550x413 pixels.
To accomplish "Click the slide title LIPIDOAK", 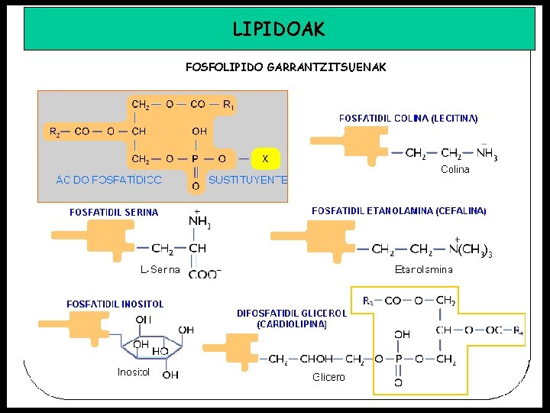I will (279, 29).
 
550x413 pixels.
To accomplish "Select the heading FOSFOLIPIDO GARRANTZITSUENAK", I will (285, 67).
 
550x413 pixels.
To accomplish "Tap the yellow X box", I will (265, 158).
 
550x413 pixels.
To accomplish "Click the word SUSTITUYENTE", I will (247, 180).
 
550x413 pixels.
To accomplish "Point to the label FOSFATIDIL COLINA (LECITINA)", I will (409, 119).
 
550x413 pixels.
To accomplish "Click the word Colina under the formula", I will (455, 170).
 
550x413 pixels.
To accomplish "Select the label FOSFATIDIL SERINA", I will (114, 212).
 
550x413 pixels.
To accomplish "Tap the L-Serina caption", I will (160, 269).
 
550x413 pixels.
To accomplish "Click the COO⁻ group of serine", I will (204, 273).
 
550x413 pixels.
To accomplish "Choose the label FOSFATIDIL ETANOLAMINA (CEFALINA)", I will (399, 210).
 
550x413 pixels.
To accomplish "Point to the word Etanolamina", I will (424, 269).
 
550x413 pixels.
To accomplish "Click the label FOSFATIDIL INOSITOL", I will (115, 304).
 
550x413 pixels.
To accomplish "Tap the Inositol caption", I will (134, 372).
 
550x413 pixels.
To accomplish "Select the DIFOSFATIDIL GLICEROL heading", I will (292, 313).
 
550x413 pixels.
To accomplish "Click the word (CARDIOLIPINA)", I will (292, 324).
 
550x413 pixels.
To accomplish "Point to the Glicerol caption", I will (328, 377).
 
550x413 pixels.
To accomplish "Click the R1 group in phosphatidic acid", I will (228, 105).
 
